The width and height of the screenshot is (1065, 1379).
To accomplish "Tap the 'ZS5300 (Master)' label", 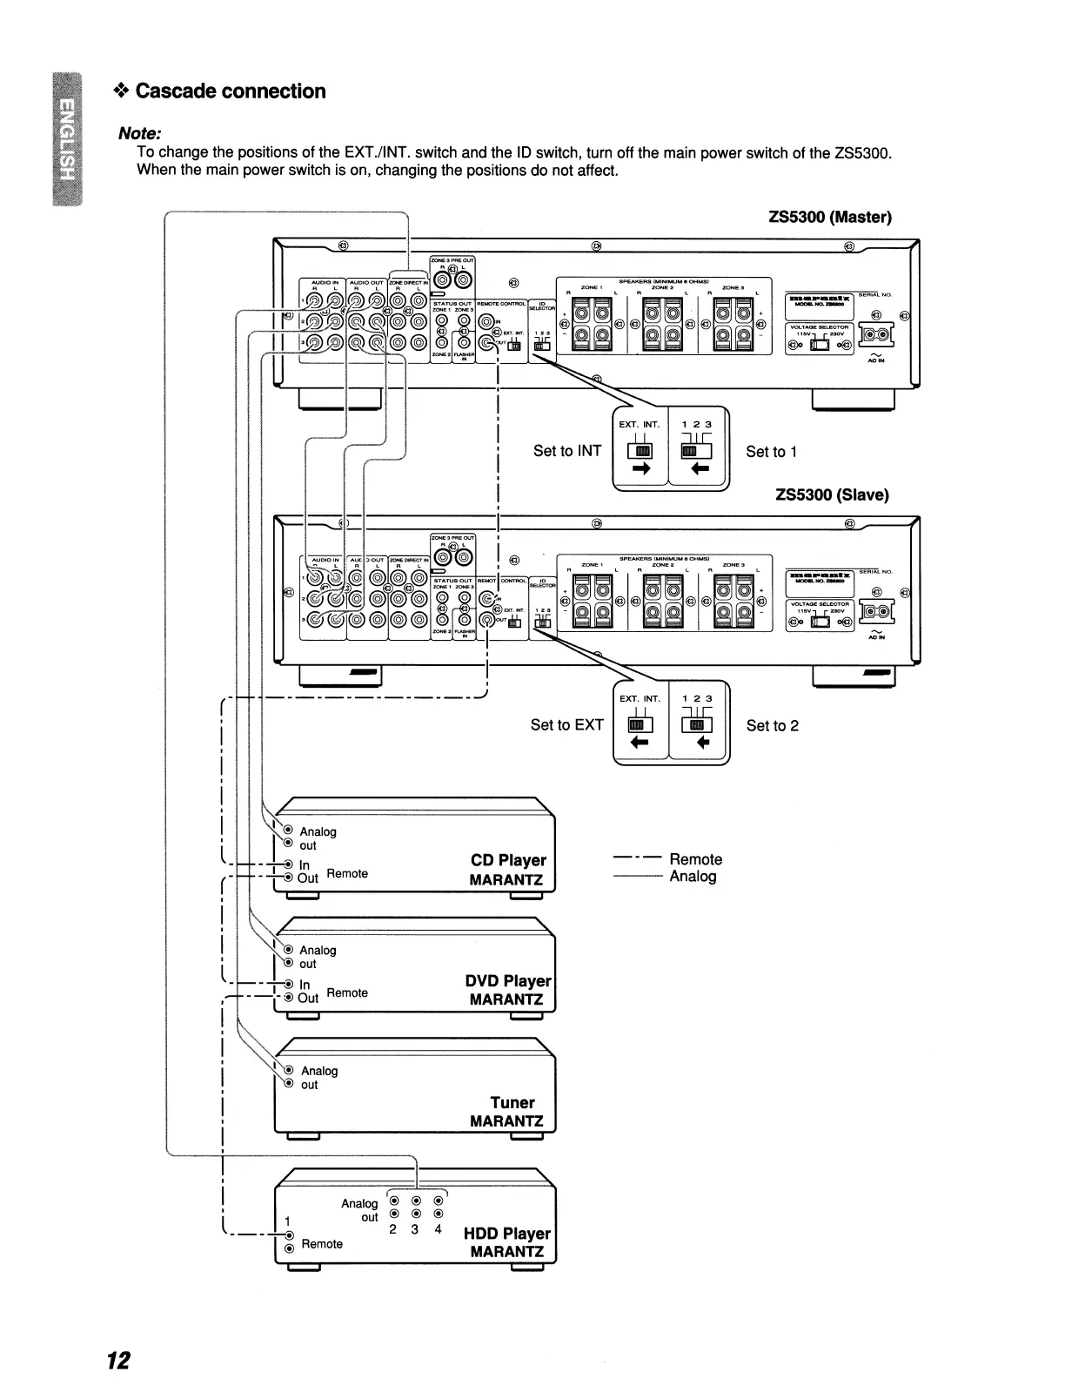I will point(830,217).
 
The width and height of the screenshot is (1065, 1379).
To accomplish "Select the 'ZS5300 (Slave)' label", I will point(832,494).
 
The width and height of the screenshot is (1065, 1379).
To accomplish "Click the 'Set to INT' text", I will point(567,451).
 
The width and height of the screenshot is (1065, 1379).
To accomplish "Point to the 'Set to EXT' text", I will point(566,725).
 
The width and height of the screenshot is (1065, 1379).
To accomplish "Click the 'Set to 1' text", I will point(771,452).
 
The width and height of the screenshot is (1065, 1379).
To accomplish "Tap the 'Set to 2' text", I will point(772,726).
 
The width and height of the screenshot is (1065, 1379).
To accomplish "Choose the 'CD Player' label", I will point(508,860).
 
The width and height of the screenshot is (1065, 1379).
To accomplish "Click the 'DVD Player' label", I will point(508,981).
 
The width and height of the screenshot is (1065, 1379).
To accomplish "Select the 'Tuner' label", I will point(512,1103).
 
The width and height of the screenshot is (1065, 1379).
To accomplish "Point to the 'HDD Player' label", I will point(507,1234).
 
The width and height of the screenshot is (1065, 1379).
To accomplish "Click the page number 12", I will point(118,1360).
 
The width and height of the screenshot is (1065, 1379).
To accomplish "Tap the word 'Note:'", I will point(140,134).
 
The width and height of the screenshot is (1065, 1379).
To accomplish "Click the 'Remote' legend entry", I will point(695,859).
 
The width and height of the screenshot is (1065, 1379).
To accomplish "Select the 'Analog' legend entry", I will point(693,877).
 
